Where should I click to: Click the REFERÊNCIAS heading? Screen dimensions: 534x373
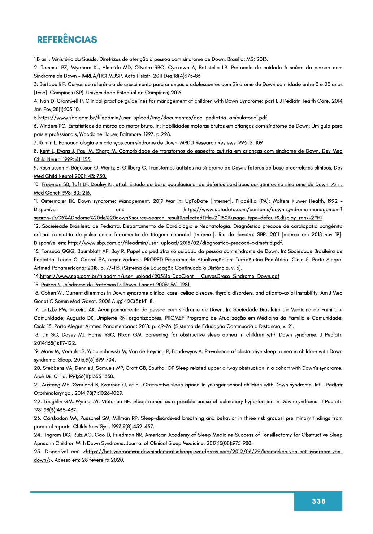(x=67, y=40)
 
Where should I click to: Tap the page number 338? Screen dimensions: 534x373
(x=318, y=501)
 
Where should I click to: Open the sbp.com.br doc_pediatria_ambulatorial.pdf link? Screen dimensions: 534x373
(x=152, y=118)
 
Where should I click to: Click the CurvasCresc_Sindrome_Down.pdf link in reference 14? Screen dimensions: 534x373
(x=160, y=277)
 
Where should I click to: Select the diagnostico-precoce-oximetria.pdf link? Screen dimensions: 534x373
(x=175, y=243)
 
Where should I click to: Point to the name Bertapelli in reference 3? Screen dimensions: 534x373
(x=51, y=84)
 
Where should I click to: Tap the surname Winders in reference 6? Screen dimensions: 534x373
(x=48, y=126)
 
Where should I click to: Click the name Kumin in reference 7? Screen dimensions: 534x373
(x=46, y=143)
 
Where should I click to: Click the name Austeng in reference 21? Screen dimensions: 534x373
(x=53, y=385)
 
